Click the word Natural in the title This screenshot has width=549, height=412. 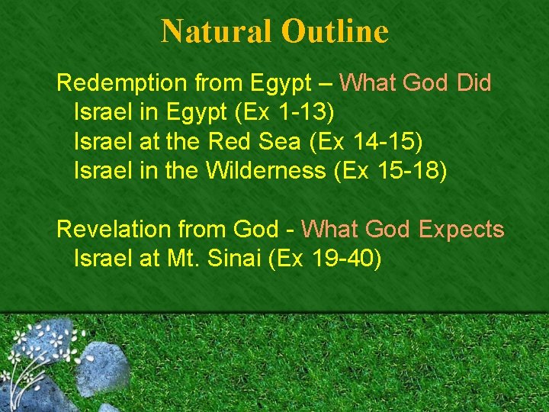click(217, 31)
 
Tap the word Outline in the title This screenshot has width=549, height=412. click(335, 31)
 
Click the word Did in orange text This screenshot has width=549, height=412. click(474, 82)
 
